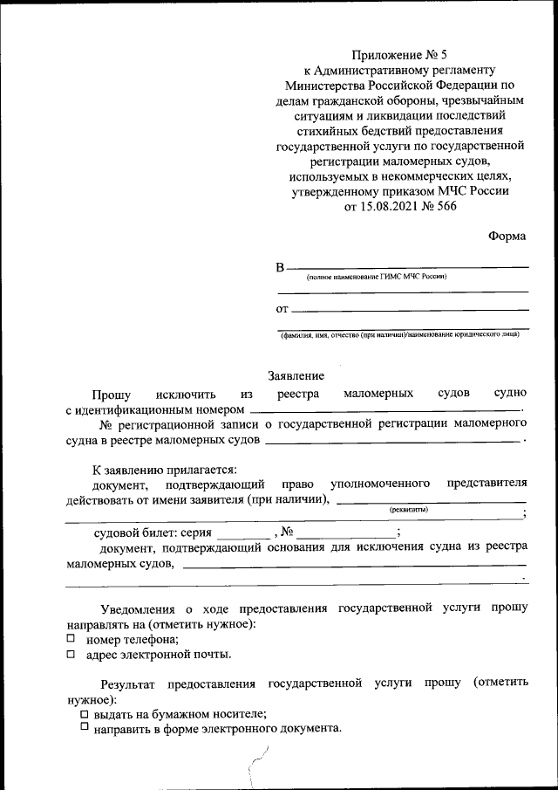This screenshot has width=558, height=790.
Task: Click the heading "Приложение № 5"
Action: click(x=398, y=54)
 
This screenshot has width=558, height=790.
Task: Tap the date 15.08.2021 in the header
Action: click(x=390, y=207)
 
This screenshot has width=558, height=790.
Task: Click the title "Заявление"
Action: click(x=296, y=375)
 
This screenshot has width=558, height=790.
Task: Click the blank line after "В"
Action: click(x=407, y=266)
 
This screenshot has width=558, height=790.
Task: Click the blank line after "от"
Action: click(x=410, y=309)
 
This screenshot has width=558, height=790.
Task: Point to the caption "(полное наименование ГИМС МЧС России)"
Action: click(x=376, y=277)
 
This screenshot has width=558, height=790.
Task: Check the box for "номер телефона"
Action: click(x=71, y=639)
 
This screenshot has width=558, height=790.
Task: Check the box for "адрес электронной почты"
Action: click(x=71, y=653)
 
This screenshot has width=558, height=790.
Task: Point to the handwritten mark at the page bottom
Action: click(x=259, y=764)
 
